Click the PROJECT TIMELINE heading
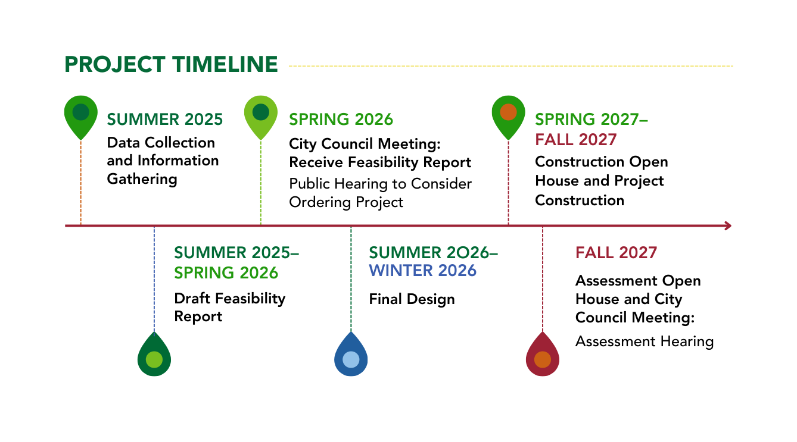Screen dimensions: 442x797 [171, 64]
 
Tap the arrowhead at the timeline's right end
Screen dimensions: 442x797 [727, 225]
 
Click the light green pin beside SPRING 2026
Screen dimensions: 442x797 [261, 114]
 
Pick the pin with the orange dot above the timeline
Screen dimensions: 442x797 [508, 114]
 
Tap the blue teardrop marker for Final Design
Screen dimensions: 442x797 [351, 357]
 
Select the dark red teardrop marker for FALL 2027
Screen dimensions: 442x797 [542, 357]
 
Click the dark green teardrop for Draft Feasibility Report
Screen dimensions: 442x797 [154, 357]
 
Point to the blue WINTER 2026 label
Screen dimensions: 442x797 [422, 271]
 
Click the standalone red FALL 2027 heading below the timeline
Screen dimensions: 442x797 [616, 252]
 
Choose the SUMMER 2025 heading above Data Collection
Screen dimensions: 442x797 [165, 120]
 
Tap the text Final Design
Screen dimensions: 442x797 [412, 299]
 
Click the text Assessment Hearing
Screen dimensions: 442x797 [644, 341]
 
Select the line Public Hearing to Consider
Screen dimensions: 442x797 [380, 184]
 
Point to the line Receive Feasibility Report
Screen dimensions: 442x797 [380, 162]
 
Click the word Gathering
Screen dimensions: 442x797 [142, 179]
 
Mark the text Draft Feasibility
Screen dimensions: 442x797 [229, 298]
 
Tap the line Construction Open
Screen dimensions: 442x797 [601, 162]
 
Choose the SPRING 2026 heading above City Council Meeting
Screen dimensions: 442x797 [341, 120]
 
